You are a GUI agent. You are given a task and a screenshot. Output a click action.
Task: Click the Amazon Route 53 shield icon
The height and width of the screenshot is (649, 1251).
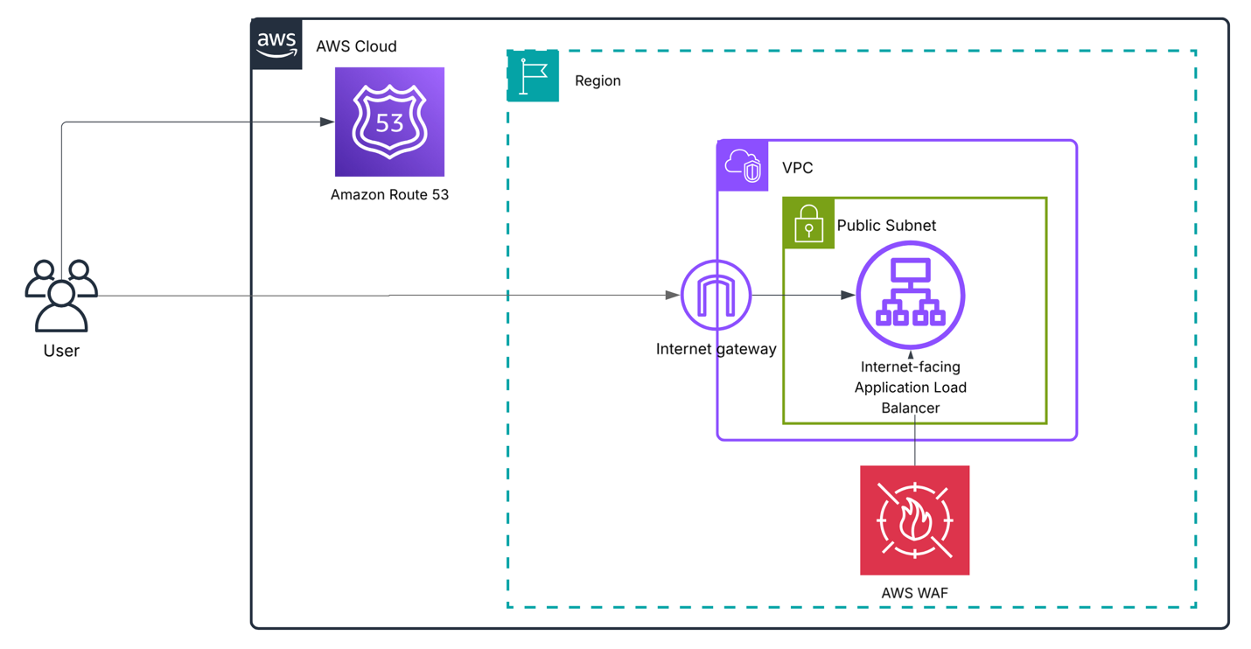pos(389,122)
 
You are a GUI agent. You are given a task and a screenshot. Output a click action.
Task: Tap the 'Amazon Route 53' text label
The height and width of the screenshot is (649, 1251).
pos(389,195)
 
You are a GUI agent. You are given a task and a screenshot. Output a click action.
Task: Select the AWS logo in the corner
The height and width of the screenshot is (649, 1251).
pos(277,44)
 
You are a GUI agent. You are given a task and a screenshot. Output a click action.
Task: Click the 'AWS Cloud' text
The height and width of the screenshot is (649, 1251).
pos(356,46)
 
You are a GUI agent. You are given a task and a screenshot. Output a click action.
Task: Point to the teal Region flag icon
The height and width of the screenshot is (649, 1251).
pos(533,76)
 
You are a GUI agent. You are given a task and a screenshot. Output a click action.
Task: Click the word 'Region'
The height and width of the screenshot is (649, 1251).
pos(598,80)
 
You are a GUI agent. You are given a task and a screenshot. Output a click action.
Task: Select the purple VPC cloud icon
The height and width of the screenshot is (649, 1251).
pos(743,165)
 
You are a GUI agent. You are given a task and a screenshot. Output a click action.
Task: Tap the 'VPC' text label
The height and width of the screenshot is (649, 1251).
pos(797,168)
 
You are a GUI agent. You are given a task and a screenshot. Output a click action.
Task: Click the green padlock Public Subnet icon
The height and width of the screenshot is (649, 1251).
pos(808,223)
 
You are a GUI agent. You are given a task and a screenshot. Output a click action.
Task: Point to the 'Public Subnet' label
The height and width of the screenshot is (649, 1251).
pos(886,226)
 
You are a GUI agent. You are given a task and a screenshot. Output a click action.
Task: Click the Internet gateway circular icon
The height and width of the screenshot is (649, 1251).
pos(716,296)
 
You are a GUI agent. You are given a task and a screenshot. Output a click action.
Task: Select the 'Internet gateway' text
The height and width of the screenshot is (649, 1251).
pos(716,350)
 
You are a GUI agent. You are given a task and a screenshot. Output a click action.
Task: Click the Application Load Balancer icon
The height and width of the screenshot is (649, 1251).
pos(910,295)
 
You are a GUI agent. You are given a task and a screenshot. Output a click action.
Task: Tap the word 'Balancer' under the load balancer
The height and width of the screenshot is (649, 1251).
pos(910,408)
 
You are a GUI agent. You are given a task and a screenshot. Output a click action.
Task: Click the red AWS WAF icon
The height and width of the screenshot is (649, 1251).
pos(914,520)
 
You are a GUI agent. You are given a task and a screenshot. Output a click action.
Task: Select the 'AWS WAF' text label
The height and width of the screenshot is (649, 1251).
pos(914,593)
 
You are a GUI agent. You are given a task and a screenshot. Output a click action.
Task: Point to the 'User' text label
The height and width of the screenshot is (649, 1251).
pos(61,352)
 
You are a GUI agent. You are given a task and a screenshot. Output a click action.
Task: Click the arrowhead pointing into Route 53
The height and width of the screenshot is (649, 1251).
pos(327,122)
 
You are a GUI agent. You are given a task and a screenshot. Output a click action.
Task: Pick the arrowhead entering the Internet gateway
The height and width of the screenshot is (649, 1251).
pos(673,296)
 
